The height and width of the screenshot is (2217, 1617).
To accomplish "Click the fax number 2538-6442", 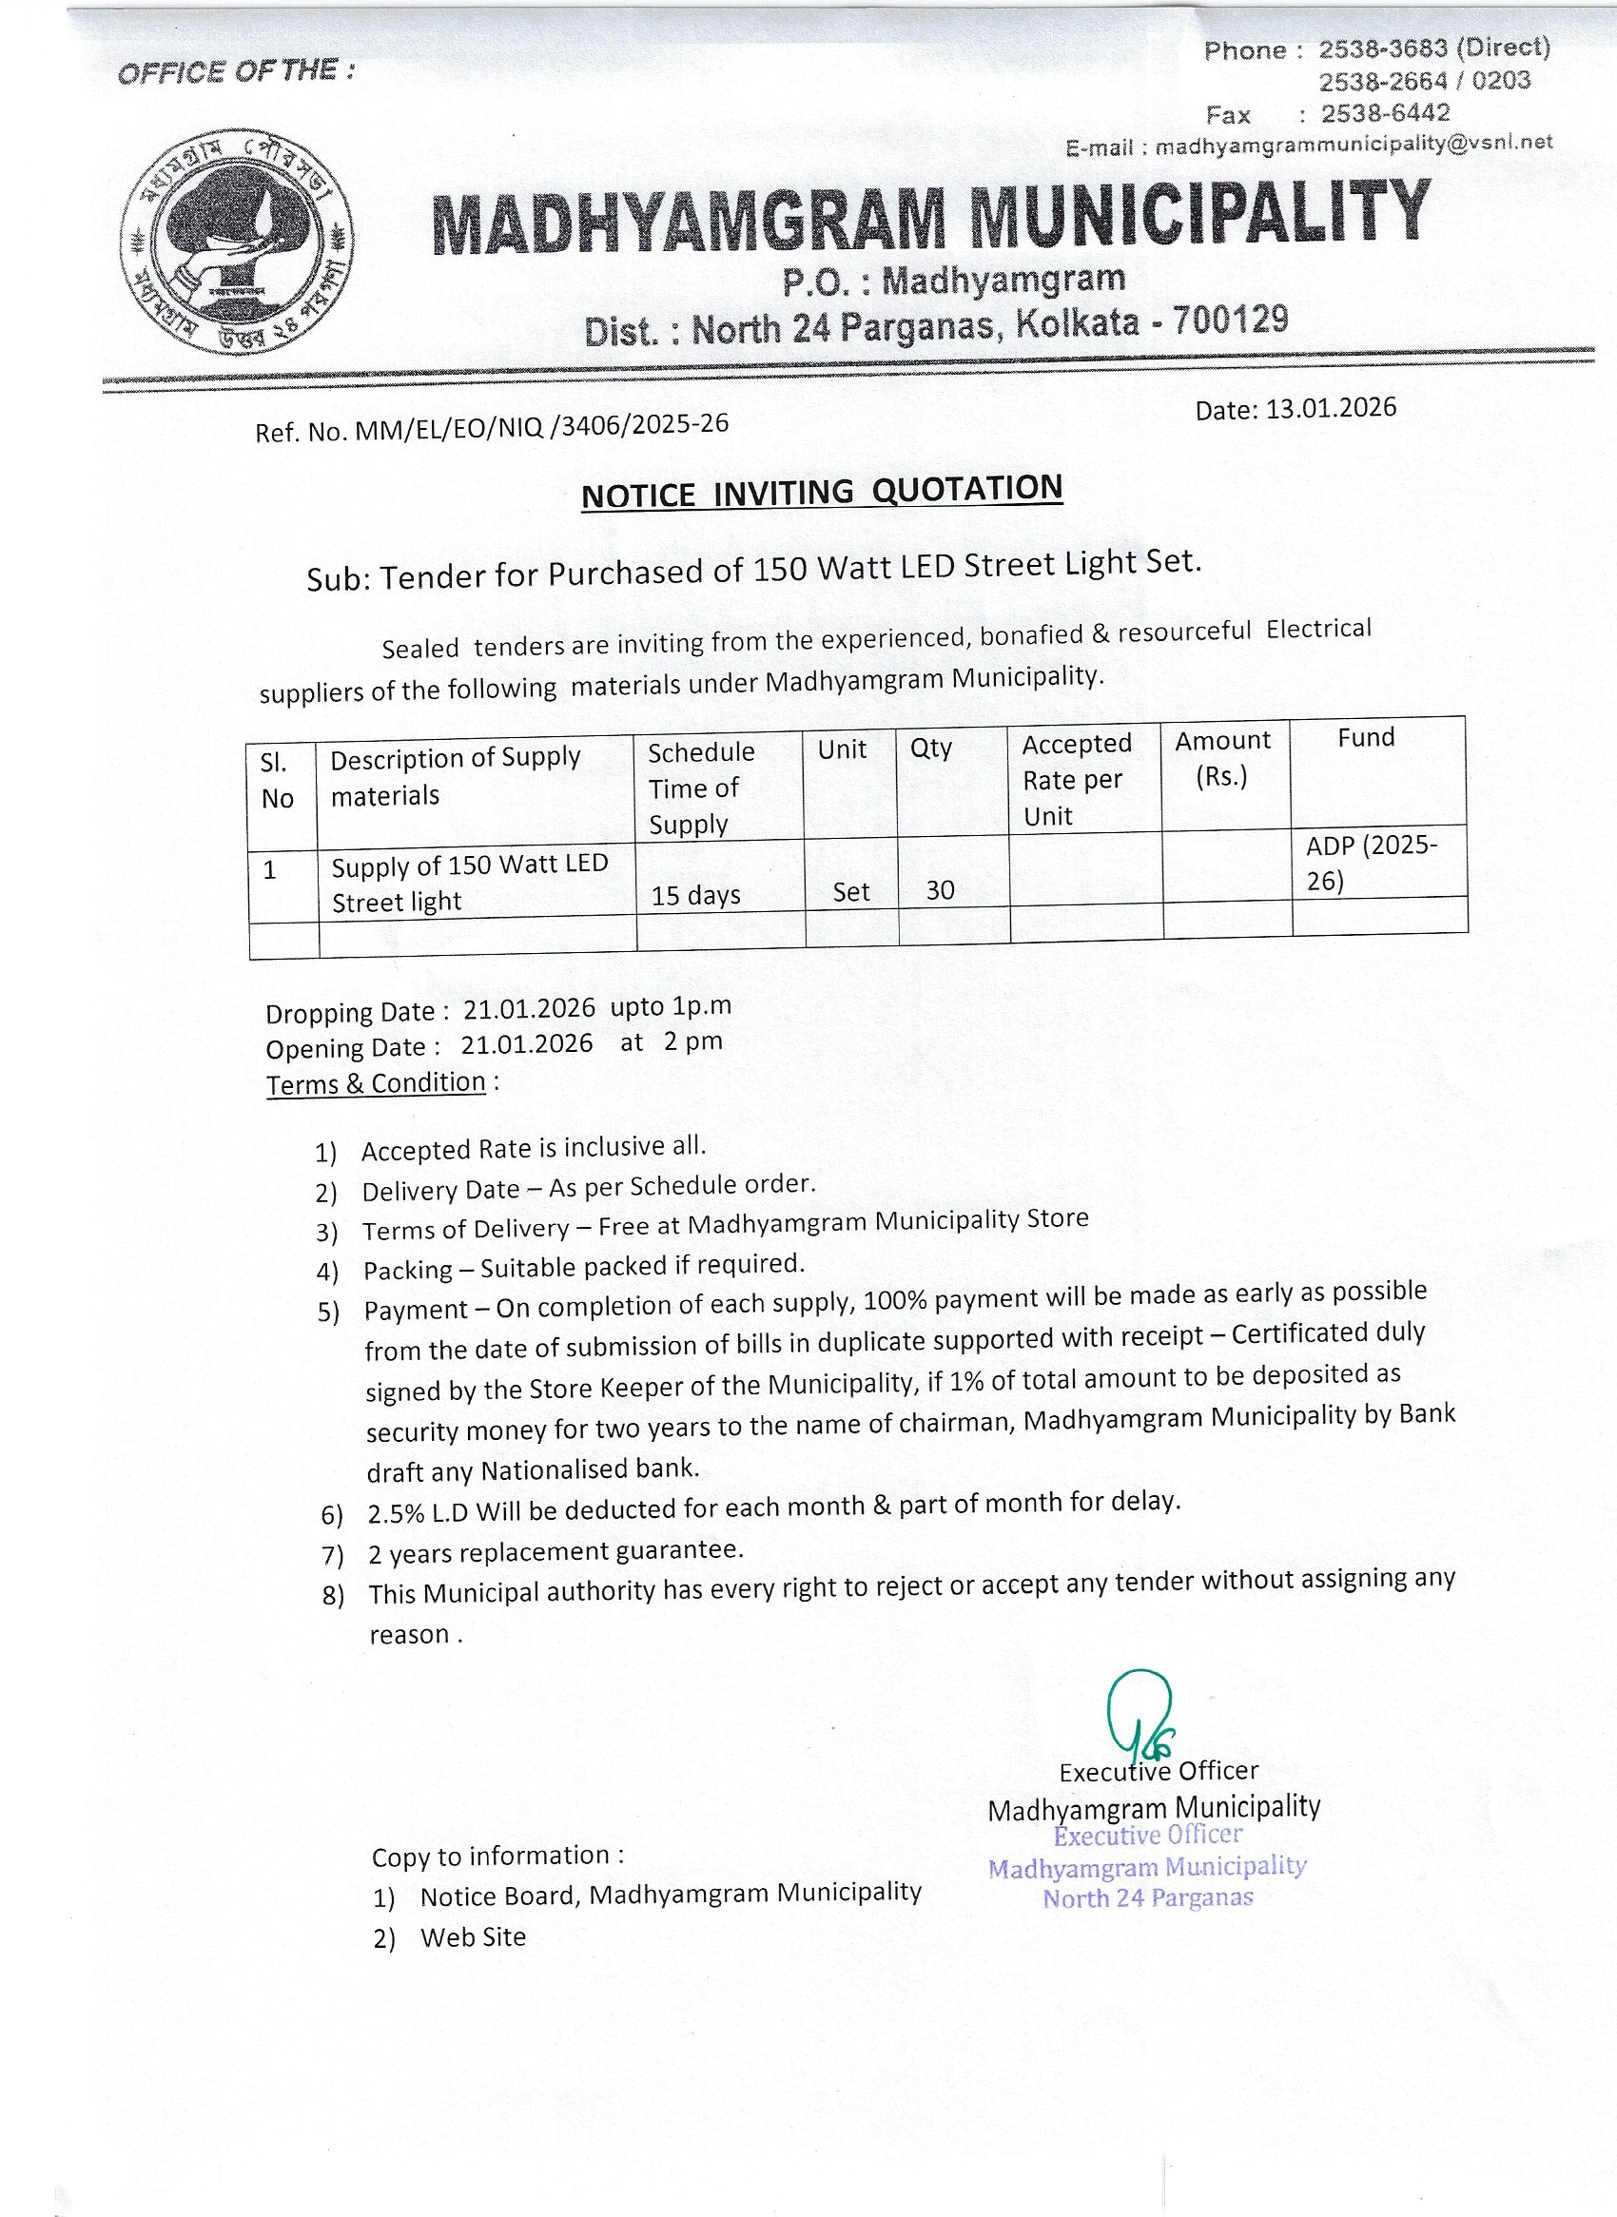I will click(x=1385, y=113).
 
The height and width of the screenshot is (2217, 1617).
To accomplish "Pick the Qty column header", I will click(x=930, y=748).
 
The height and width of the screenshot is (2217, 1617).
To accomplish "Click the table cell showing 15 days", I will click(x=695, y=895).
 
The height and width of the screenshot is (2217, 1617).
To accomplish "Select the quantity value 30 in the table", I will click(x=940, y=889).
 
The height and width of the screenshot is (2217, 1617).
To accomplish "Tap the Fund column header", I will click(x=1366, y=737).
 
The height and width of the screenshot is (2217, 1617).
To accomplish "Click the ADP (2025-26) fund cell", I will click(x=1371, y=863).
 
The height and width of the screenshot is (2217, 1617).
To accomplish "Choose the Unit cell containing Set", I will click(x=850, y=892).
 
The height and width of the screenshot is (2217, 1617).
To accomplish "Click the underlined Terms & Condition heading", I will click(x=376, y=1083).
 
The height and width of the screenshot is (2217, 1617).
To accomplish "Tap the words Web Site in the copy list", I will click(x=473, y=1937).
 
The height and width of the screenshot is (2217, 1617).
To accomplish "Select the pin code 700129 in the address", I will click(x=1231, y=321).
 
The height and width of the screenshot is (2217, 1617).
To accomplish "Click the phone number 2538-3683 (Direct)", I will click(x=1434, y=48).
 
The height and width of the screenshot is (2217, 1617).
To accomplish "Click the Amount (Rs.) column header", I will click(x=1222, y=759).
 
